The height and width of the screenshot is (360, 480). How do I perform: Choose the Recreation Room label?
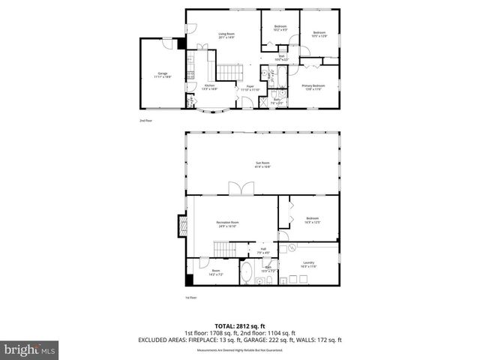[227, 223]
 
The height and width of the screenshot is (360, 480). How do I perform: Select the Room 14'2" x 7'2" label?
[216, 271]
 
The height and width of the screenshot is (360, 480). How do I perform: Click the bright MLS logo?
[30, 349]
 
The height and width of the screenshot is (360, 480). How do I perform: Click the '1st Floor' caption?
[190, 298]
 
